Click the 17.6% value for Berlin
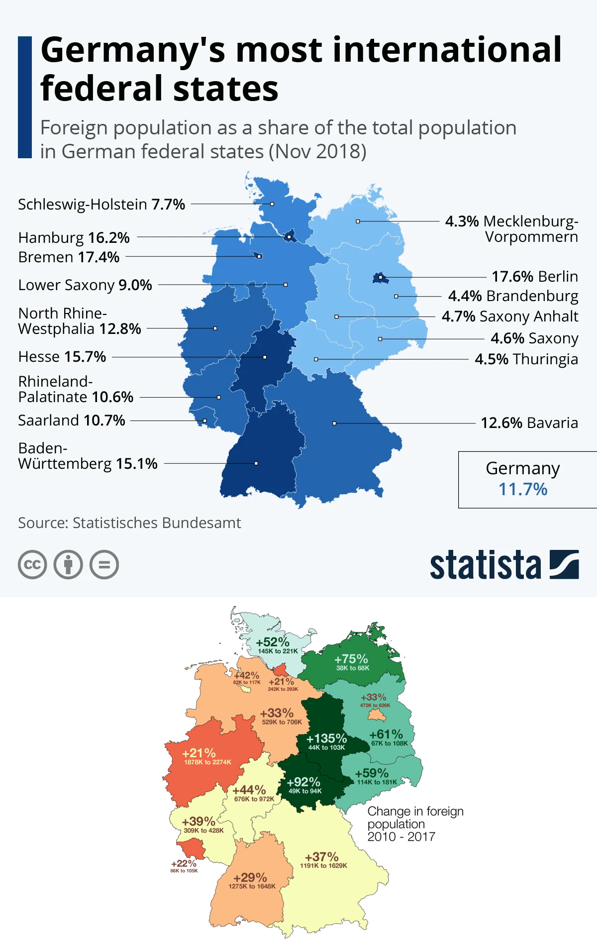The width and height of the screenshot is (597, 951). click(512, 276)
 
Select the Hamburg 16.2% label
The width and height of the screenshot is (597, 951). click(74, 238)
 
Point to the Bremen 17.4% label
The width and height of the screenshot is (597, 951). click(69, 257)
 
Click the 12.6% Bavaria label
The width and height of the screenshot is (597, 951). click(529, 423)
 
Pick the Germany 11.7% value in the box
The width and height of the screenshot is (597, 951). click(523, 489)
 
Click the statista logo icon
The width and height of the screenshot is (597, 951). click(564, 564)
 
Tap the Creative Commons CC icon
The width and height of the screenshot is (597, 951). click(32, 565)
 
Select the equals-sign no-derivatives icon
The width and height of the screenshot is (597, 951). click(104, 565)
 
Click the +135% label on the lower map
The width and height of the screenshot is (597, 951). click(326, 738)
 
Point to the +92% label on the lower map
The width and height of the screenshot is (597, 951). click(303, 782)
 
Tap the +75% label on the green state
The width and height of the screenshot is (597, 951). click(351, 659)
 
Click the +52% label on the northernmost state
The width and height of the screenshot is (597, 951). click(273, 642)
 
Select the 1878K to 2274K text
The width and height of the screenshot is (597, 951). click(207, 762)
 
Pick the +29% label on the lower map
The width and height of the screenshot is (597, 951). click(250, 877)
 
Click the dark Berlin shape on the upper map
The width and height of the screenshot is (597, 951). click(381, 278)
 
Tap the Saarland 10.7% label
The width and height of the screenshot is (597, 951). click(72, 421)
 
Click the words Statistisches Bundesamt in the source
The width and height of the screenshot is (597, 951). click(156, 523)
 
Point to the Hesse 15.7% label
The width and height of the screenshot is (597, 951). click(62, 357)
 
